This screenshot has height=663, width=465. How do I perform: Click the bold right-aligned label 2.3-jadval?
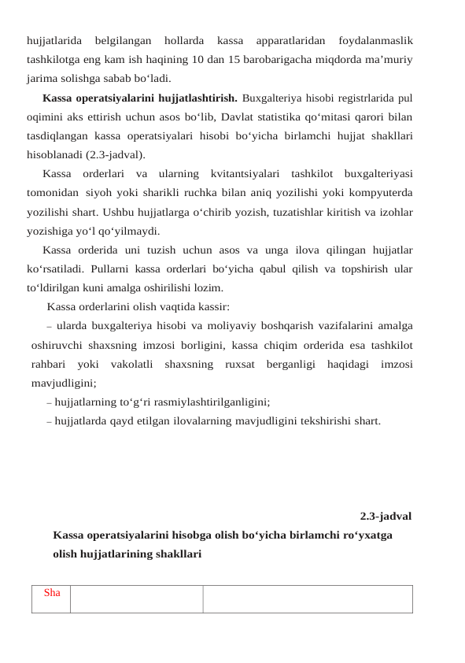click(x=386, y=517)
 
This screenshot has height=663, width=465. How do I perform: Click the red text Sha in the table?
click(x=53, y=593)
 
